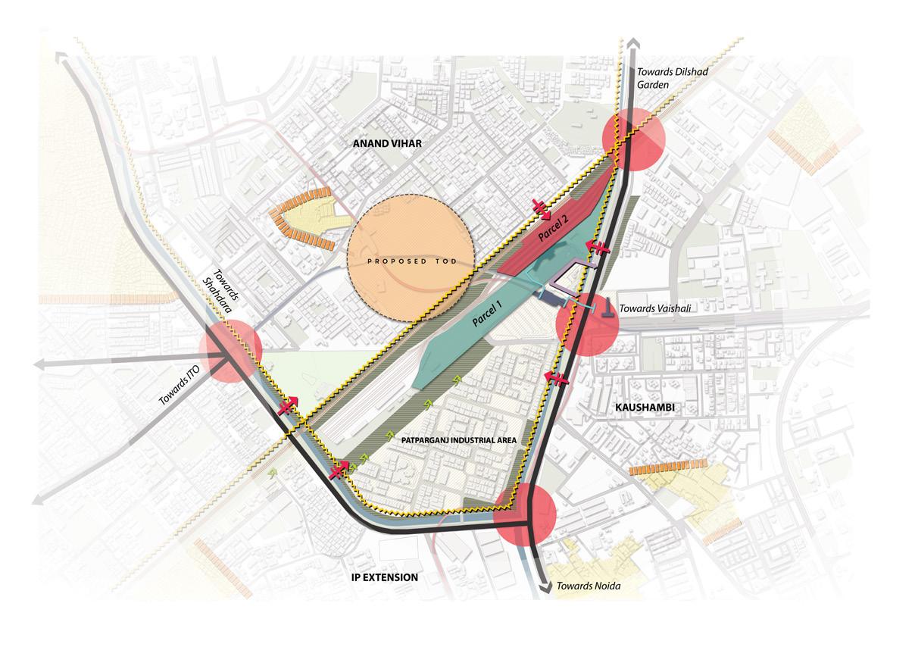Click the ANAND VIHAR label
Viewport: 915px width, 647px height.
392,142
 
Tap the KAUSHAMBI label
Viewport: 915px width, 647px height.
645,408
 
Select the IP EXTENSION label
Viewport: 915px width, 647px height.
385,577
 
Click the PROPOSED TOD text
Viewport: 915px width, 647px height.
411,261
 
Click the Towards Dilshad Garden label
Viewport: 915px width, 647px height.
664,79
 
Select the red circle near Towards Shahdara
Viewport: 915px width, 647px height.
230,351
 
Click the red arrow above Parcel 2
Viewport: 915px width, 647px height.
541,206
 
